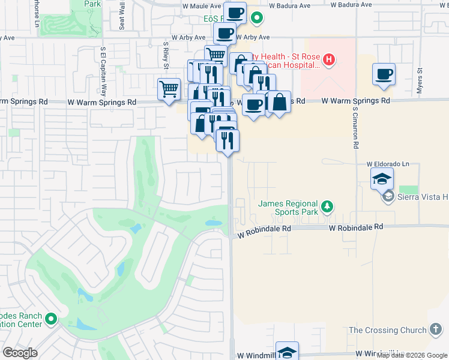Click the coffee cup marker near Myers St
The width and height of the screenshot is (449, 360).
384,74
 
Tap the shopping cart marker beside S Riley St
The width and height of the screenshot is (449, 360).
169,89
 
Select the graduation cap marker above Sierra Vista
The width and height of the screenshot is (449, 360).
382,179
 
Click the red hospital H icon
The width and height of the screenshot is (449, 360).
328,59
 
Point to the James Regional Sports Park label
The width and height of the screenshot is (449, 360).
288,208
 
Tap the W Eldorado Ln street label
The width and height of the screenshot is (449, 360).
388,163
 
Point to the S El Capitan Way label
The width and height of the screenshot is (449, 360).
103,71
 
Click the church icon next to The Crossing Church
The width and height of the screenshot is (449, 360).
436,329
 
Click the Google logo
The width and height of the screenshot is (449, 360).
20,353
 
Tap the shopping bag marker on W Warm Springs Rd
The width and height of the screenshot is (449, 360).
279,102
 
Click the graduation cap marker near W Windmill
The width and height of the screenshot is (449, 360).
288,352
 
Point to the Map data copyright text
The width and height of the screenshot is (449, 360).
411,355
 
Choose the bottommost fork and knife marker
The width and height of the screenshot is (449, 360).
228,140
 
